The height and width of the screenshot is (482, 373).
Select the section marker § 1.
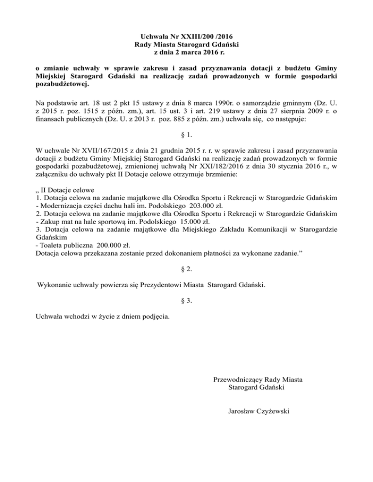pos(186,134)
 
